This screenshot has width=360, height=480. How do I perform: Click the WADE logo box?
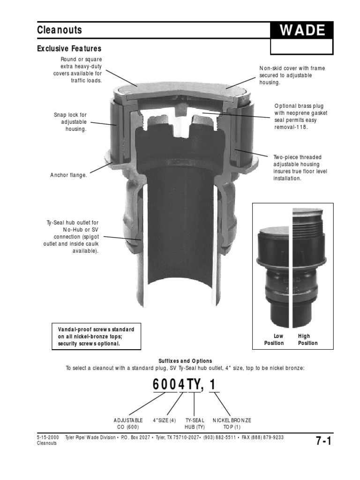pos(302,31)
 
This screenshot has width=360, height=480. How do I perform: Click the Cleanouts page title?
pos(60,30)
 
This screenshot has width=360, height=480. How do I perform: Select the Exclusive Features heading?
pos(69,49)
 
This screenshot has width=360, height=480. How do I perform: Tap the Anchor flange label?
pos(69,175)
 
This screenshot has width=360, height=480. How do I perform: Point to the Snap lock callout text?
pos(70,121)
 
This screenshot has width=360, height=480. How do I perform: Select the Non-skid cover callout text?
pos(292,75)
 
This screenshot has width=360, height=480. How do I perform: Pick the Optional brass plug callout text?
pos(300,117)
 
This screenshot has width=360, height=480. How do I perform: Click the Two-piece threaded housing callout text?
pos(300,168)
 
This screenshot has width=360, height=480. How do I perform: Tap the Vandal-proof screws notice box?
pos(96,336)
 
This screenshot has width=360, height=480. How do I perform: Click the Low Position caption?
pos(274,339)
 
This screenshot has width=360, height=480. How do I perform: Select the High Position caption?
pos(307,339)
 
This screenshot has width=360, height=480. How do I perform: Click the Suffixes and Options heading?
pos(185,361)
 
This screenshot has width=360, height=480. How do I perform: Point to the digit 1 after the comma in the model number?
pos(213,385)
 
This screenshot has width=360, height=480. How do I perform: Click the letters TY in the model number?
pos(194,385)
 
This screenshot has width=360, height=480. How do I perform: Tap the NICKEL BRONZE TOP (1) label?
pos(232,424)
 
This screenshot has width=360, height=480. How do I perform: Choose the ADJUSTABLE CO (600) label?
pos(128,424)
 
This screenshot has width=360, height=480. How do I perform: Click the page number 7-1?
pos(323,441)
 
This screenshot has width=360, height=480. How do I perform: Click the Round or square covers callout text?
pos(78,70)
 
